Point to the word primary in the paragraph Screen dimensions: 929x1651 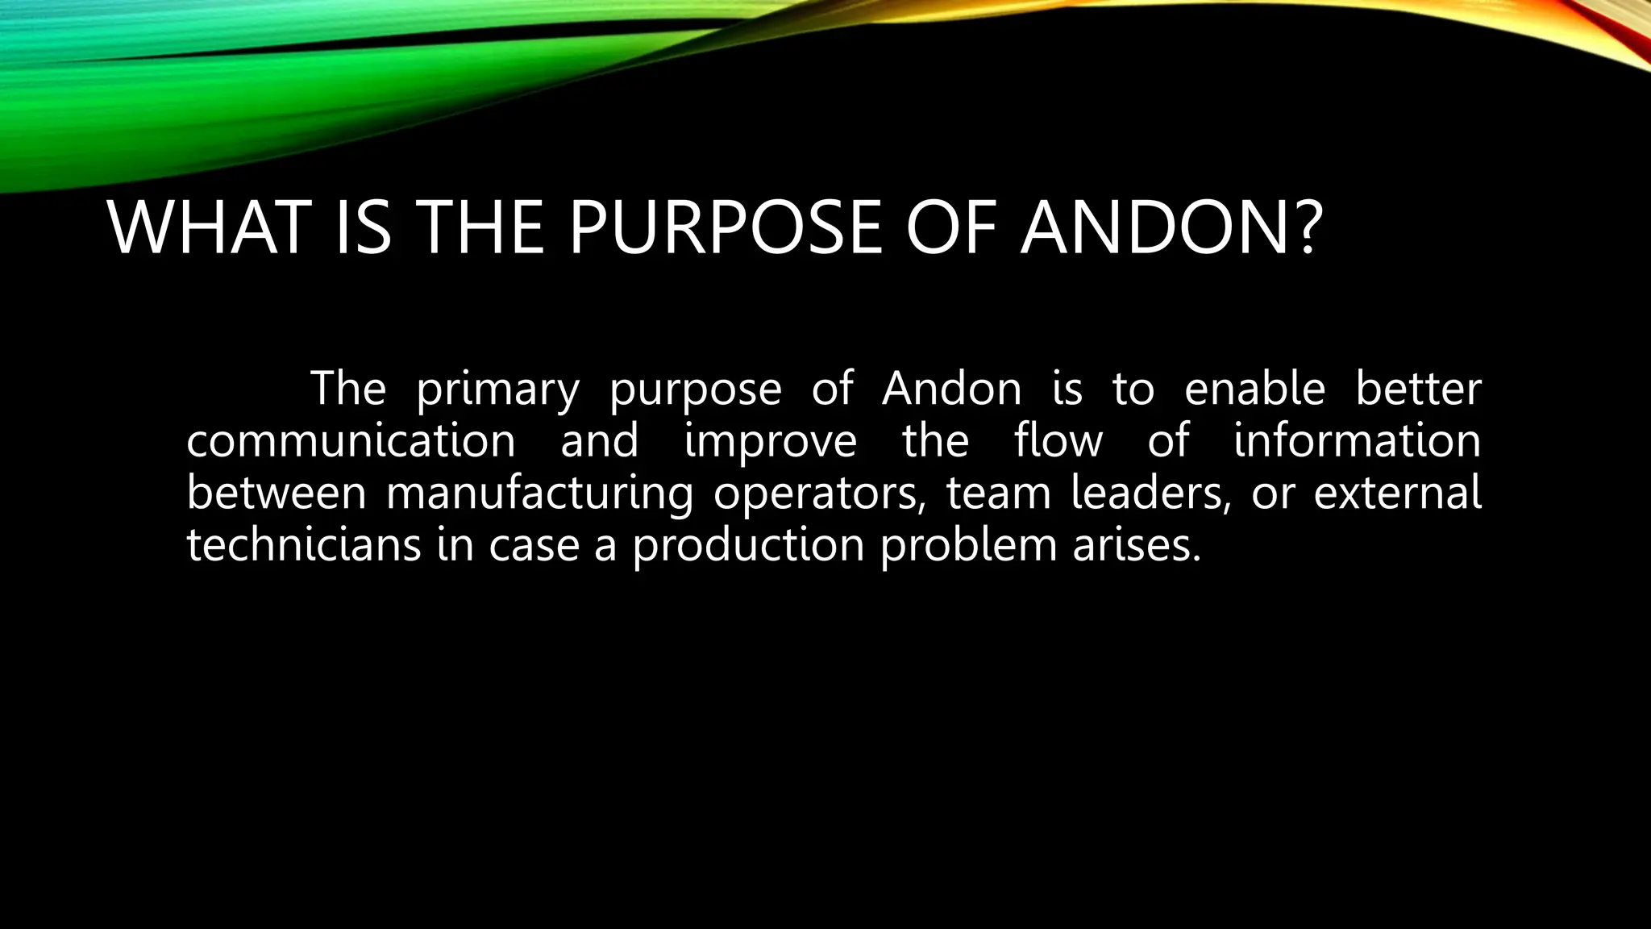point(497,390)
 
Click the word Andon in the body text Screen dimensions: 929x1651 point(952,389)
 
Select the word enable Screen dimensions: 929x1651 point(1254,389)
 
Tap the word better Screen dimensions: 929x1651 point(1418,389)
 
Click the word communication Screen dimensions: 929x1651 point(351,441)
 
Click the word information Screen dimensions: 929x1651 point(1358,441)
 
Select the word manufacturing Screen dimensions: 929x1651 point(539,494)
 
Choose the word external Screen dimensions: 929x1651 point(1397,493)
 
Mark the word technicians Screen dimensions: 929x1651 point(304,545)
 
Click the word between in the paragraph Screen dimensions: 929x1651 point(277,493)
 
